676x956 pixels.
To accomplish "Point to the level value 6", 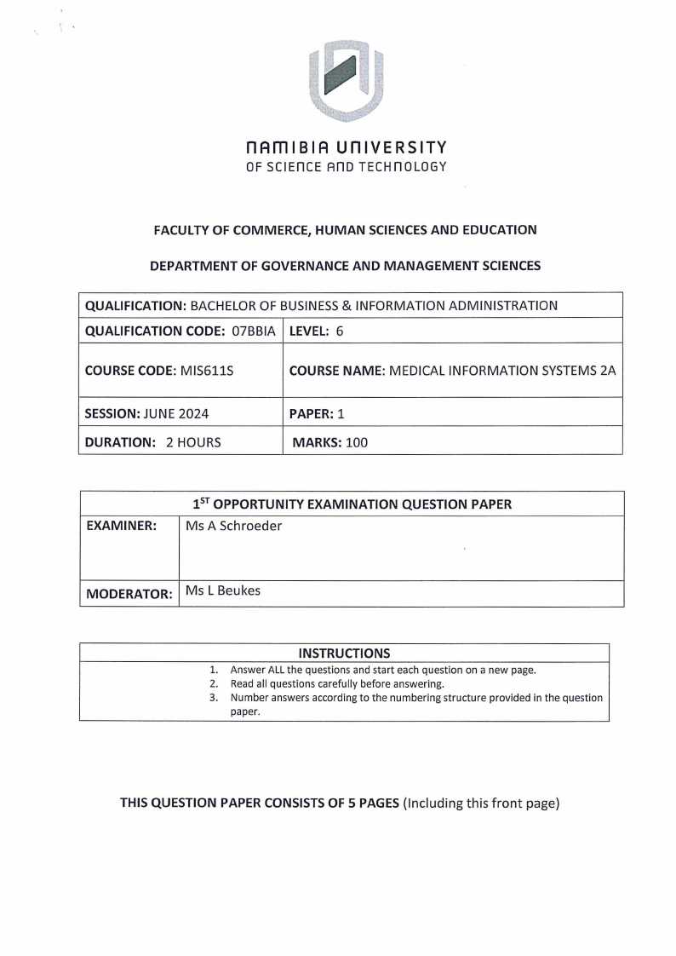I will pyautogui.click(x=339, y=331).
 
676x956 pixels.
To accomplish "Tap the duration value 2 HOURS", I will pyautogui.click(x=193, y=442).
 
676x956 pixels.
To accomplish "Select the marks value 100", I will pyautogui.click(x=357, y=442).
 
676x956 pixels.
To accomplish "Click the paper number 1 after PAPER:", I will pyautogui.click(x=341, y=414).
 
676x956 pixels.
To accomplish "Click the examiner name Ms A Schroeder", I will pyautogui.click(x=233, y=527).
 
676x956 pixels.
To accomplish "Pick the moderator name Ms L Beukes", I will pyautogui.click(x=222, y=590).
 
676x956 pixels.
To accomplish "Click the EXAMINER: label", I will pyautogui.click(x=121, y=527).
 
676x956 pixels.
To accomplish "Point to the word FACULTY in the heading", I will pyautogui.click(x=180, y=230).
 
